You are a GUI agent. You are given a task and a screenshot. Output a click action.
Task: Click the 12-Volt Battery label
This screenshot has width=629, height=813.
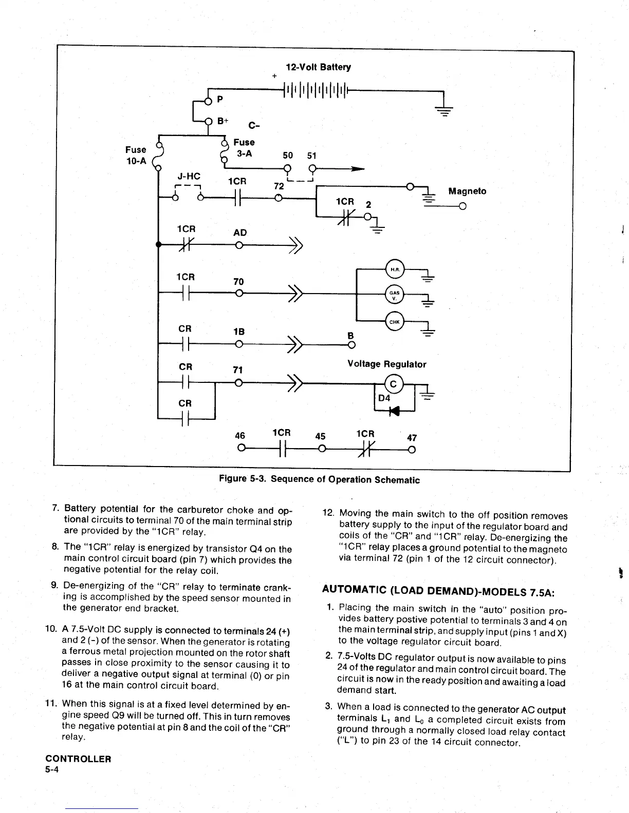click(318, 67)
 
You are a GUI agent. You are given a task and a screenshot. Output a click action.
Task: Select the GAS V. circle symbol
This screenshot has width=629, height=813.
click(395, 294)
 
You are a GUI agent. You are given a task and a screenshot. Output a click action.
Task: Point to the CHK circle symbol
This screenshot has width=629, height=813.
click(395, 322)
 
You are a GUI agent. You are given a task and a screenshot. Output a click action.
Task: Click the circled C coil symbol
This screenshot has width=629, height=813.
click(394, 384)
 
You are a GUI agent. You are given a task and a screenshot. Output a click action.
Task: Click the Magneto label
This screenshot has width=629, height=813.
click(467, 191)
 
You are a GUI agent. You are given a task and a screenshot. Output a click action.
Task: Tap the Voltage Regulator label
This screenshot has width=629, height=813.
click(386, 364)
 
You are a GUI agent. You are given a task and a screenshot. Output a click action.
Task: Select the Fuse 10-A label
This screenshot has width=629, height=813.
click(136, 155)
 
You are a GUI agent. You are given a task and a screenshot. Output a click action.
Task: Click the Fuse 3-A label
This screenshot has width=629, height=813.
click(244, 147)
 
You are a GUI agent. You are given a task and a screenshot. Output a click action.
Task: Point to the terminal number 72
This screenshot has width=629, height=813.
click(279, 186)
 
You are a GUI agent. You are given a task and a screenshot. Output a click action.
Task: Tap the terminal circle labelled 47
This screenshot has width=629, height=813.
click(411, 451)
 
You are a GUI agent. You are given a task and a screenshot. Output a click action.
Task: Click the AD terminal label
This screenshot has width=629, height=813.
click(240, 233)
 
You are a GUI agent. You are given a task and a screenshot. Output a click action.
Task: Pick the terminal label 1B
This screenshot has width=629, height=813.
click(239, 332)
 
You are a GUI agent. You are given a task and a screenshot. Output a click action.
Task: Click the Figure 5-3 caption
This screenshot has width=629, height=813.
click(319, 479)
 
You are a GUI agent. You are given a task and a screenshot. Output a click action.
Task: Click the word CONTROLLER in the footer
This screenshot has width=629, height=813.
click(78, 759)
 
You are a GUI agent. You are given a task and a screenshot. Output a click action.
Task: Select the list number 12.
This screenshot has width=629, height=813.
click(328, 513)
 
